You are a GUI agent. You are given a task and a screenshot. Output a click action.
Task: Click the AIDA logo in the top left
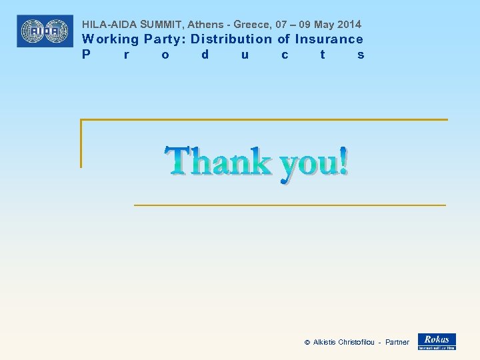(45, 31)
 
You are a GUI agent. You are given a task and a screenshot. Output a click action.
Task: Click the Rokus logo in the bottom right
(437, 341)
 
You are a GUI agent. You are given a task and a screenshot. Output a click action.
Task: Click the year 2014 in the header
(349, 25)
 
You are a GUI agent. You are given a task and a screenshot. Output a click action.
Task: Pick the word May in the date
(323, 25)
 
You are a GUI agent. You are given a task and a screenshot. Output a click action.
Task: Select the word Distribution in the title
(231, 39)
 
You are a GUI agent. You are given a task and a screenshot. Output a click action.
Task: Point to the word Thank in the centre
(219, 162)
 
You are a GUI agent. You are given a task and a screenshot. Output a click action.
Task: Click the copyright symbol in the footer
(307, 343)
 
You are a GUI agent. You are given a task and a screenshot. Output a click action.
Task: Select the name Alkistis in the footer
(325, 343)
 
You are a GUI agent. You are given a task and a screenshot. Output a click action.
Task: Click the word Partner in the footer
(397, 343)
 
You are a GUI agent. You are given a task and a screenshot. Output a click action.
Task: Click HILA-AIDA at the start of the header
(110, 25)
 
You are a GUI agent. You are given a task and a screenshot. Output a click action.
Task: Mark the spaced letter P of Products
(86, 55)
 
